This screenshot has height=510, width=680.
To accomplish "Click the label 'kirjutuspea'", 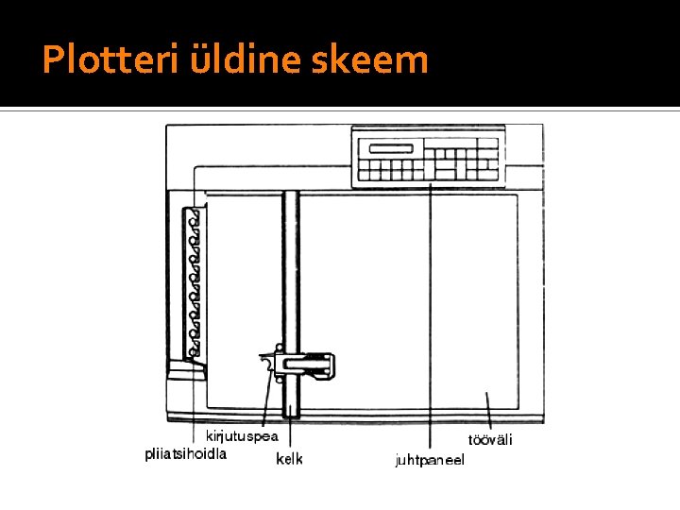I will (x=242, y=436).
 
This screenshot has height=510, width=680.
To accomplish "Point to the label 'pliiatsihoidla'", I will (x=185, y=453).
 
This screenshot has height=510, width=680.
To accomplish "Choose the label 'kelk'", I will (x=289, y=459).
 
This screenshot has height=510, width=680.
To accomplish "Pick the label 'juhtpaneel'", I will (x=430, y=460).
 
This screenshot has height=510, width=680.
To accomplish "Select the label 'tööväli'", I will (x=490, y=440).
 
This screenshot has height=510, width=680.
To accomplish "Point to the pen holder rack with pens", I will (x=195, y=283).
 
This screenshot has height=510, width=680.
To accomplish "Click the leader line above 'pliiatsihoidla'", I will (x=192, y=397).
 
